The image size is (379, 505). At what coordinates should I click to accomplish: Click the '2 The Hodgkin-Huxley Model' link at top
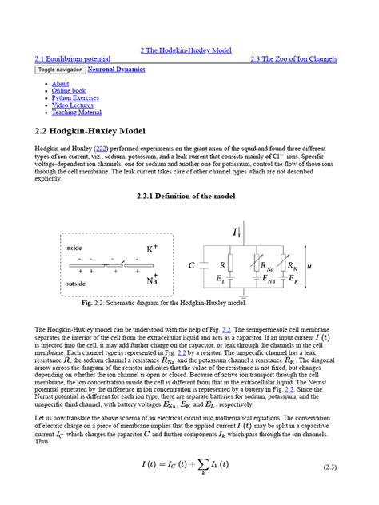186,50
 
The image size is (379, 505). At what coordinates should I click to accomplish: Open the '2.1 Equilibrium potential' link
73,59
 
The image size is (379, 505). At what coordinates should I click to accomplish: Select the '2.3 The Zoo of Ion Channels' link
293,59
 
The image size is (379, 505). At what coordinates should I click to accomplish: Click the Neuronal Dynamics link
116,70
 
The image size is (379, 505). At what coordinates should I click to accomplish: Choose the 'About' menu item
60,84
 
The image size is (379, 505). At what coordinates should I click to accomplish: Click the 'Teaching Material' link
77,113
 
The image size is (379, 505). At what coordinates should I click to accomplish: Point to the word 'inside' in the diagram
74,249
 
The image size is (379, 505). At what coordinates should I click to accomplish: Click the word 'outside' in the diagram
76,283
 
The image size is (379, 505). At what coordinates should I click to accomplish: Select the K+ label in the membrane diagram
152,249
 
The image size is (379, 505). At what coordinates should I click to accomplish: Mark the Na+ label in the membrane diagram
152,280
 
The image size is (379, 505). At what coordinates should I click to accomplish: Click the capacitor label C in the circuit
192,264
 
